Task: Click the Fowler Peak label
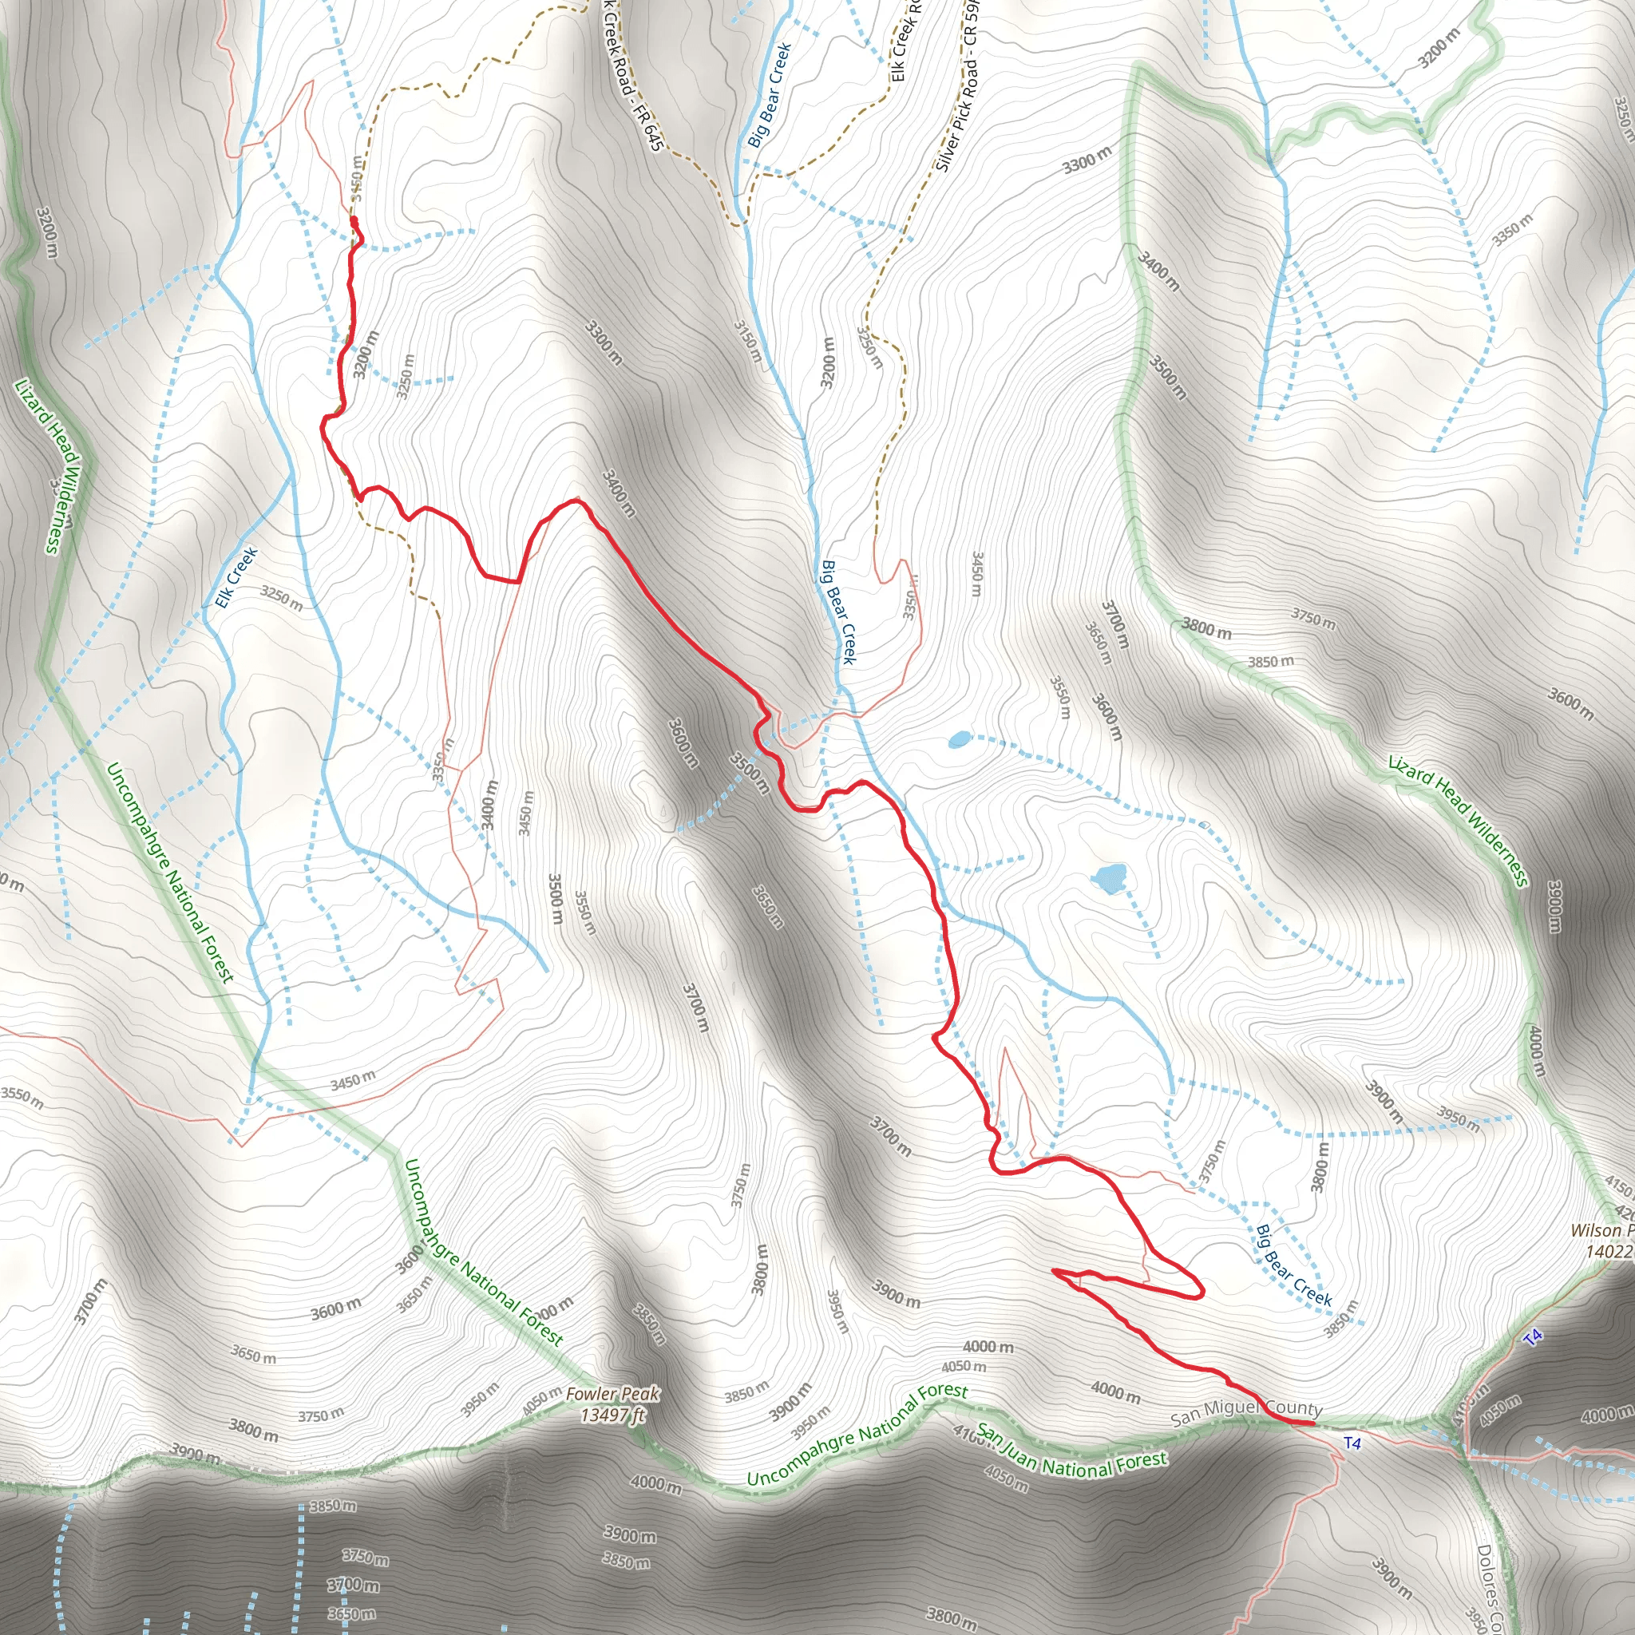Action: coord(612,1394)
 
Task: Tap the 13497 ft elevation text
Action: coord(612,1414)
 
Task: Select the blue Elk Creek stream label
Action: coord(236,577)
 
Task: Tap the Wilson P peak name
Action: coord(1601,1230)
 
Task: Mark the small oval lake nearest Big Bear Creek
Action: coord(959,739)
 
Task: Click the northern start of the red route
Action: coord(354,221)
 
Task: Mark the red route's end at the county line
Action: coord(1312,1424)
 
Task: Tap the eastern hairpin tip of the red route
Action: coord(1200,1291)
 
